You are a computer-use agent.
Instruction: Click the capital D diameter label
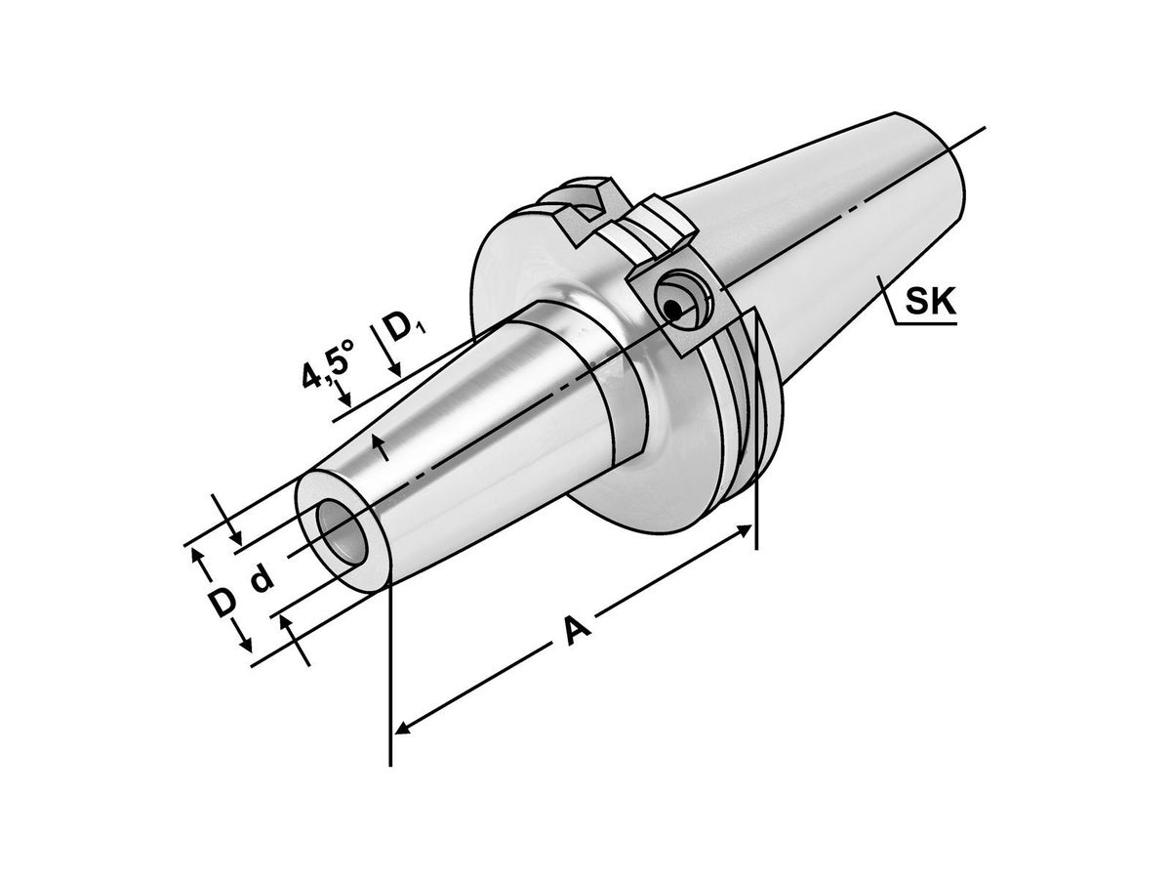(223, 603)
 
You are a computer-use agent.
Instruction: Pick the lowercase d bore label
(261, 580)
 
